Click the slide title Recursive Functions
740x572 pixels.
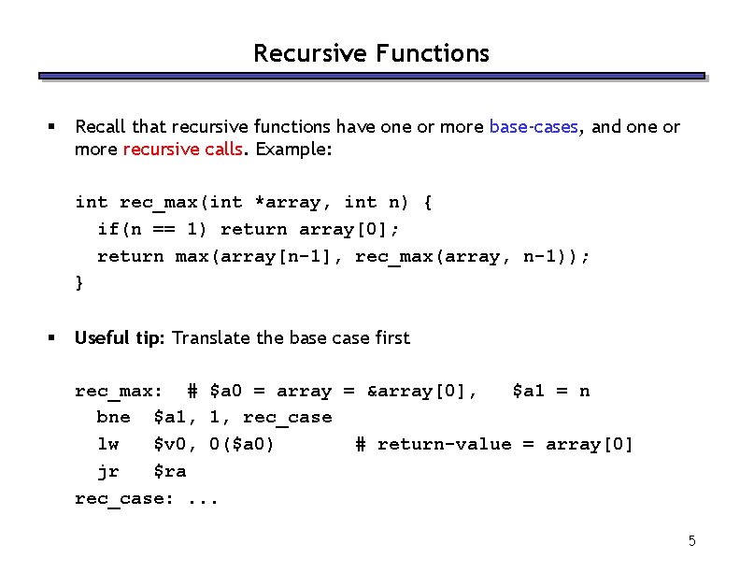pyautogui.click(x=371, y=53)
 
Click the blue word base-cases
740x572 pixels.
pyautogui.click(x=533, y=127)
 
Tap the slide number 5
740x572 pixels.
pyautogui.click(x=692, y=540)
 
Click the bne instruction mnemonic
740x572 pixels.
pyautogui.click(x=113, y=417)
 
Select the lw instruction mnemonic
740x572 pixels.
pyautogui.click(x=107, y=444)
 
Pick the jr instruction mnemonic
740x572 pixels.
pyautogui.click(x=107, y=471)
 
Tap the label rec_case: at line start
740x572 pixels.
pyautogui.click(x=123, y=498)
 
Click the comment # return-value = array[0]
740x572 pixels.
pyautogui.click(x=493, y=444)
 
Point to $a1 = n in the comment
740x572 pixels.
pyautogui.click(x=550, y=391)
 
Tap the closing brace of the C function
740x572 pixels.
pyautogui.click(x=79, y=282)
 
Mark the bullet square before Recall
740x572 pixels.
pyautogui.click(x=53, y=127)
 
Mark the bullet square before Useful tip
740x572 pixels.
pyautogui.click(x=53, y=337)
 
